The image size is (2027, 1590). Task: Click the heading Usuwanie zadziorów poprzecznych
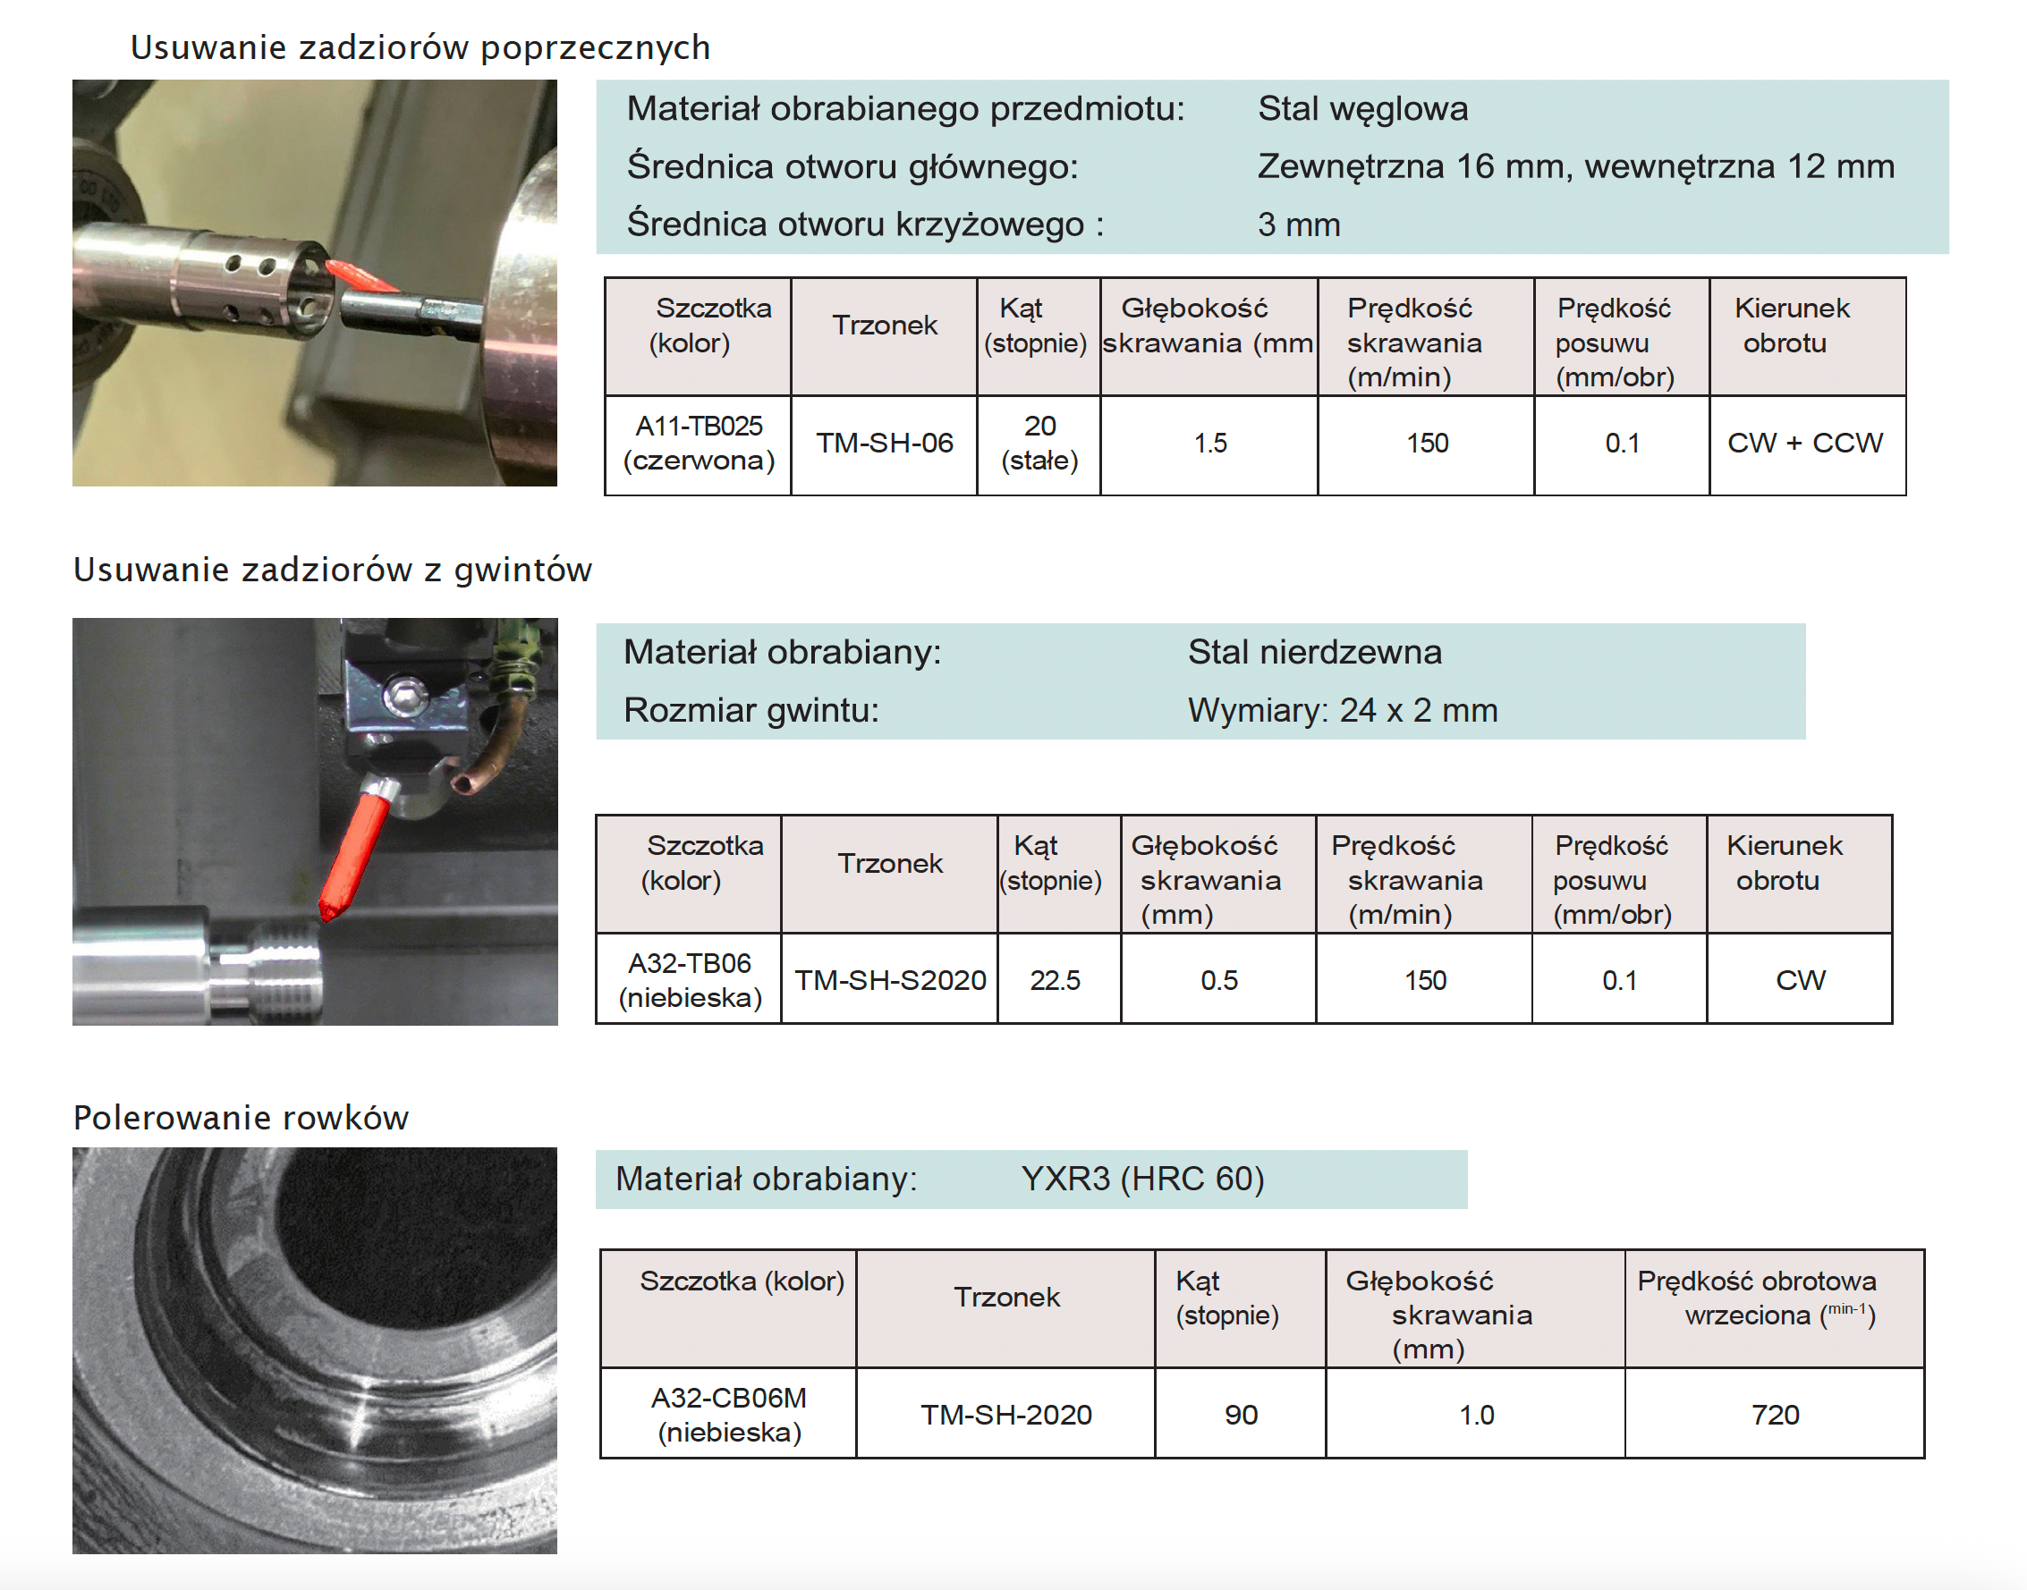pos(420,47)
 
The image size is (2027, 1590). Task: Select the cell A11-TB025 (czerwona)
pos(699,444)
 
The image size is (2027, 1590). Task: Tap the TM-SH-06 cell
pos(885,444)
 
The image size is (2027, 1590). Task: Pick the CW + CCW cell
pos(1805,444)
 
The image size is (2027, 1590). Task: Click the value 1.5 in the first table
pos(1209,444)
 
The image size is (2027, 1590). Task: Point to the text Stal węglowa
pos(1362,109)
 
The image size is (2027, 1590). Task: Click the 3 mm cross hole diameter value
pos(1299,225)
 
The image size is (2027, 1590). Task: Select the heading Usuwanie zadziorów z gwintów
pos(333,570)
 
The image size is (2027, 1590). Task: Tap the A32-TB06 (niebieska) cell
pos(690,980)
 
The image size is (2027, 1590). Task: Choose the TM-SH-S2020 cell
pos(890,980)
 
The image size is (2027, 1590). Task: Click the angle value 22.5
pos(1055,981)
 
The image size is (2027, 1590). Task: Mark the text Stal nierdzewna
pos(1315,653)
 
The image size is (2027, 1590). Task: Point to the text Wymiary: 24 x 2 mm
pos(1343,711)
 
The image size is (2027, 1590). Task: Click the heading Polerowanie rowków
pos(242,1118)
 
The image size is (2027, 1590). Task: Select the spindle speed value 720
pos(1776,1416)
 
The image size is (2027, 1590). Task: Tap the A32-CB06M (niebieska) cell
pos(729,1415)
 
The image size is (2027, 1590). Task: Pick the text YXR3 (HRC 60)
pos(1142,1180)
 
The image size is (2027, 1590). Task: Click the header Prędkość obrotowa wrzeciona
pos(1758,1298)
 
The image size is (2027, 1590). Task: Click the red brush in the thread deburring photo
pos(356,849)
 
